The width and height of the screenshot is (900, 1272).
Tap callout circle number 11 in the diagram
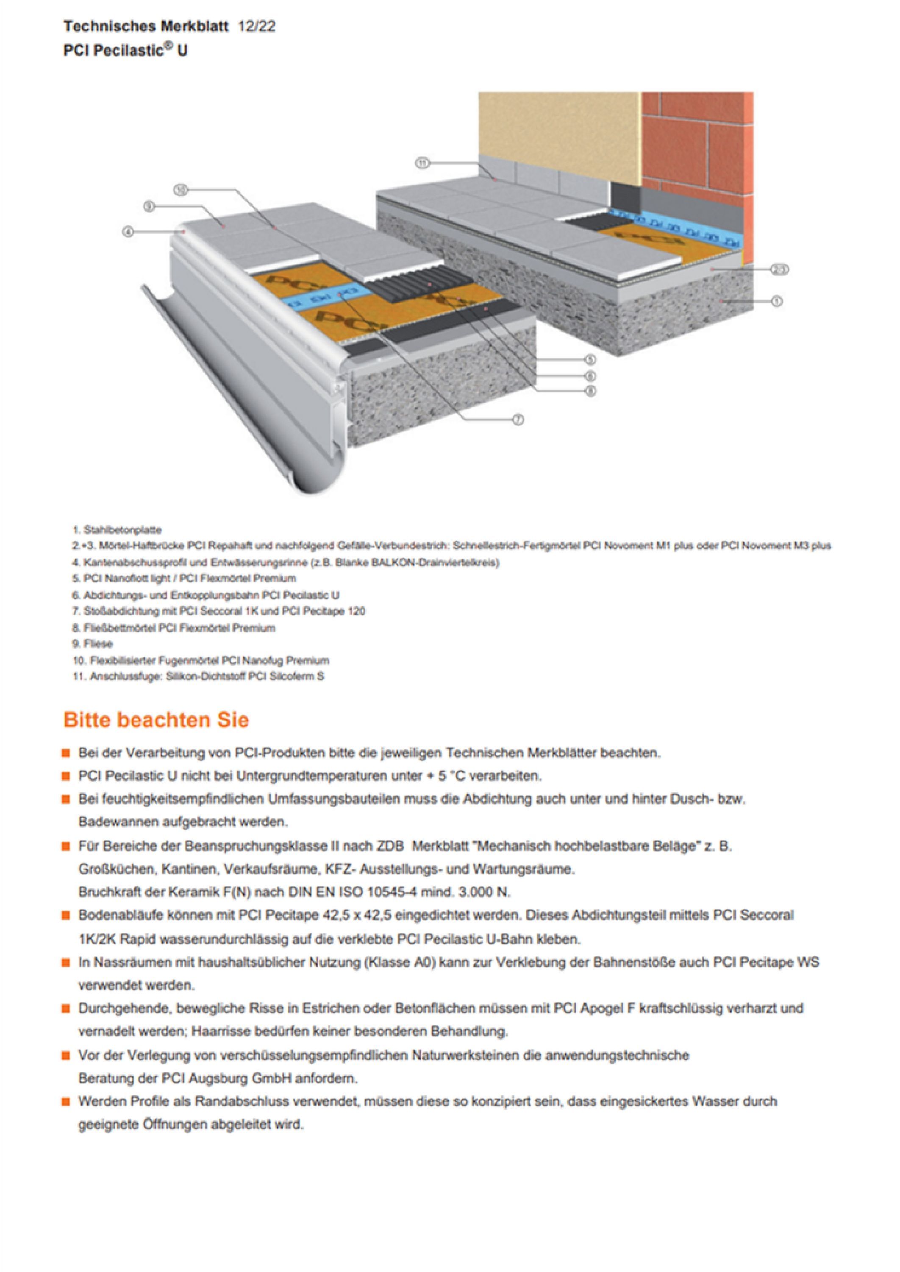click(423, 163)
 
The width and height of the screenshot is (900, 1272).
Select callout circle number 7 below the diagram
click(518, 420)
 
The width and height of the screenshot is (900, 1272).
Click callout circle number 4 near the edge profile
click(128, 231)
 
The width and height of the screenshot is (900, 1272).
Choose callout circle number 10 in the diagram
click(181, 190)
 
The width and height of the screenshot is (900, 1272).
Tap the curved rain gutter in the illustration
click(233, 399)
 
